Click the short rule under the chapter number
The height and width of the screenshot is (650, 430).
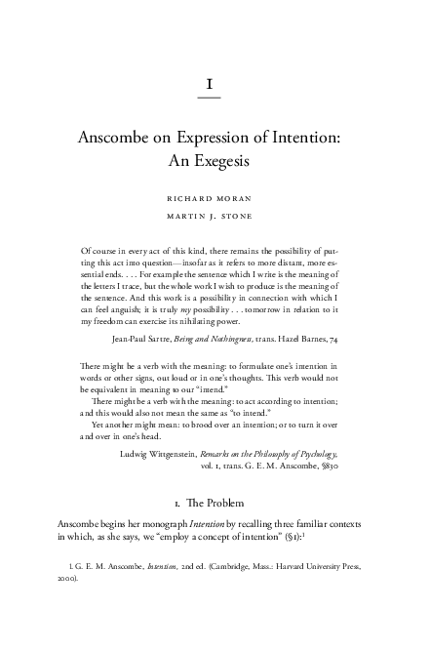[211, 99]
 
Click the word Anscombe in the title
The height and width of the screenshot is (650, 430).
[118, 140]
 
